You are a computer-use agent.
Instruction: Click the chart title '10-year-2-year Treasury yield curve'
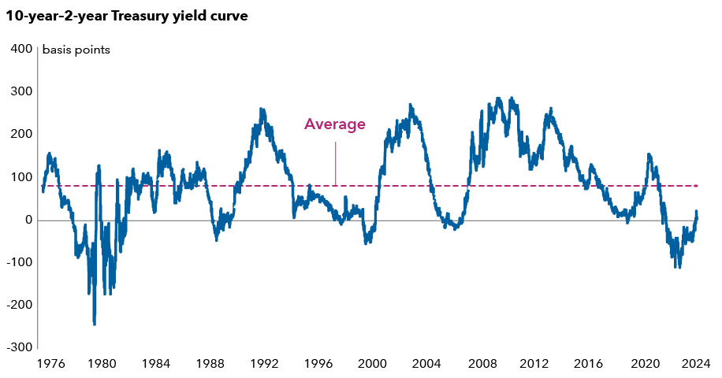[127, 17]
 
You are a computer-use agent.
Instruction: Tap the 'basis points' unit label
[76, 50]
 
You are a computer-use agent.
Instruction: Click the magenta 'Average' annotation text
[335, 124]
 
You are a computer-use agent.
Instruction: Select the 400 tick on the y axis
[21, 49]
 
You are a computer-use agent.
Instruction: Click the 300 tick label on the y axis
[21, 91]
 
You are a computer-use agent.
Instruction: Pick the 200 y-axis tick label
[21, 134]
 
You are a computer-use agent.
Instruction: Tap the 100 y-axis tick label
[21, 177]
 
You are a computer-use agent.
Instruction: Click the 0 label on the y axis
[28, 220]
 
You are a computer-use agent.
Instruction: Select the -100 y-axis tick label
[19, 262]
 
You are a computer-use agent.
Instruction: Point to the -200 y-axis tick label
[19, 305]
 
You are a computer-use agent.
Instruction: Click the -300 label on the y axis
[19, 347]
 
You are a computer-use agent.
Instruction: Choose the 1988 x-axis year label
[209, 364]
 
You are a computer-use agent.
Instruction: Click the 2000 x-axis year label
[372, 364]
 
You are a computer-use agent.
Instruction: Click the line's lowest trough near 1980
[95, 324]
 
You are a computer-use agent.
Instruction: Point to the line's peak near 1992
[262, 109]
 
